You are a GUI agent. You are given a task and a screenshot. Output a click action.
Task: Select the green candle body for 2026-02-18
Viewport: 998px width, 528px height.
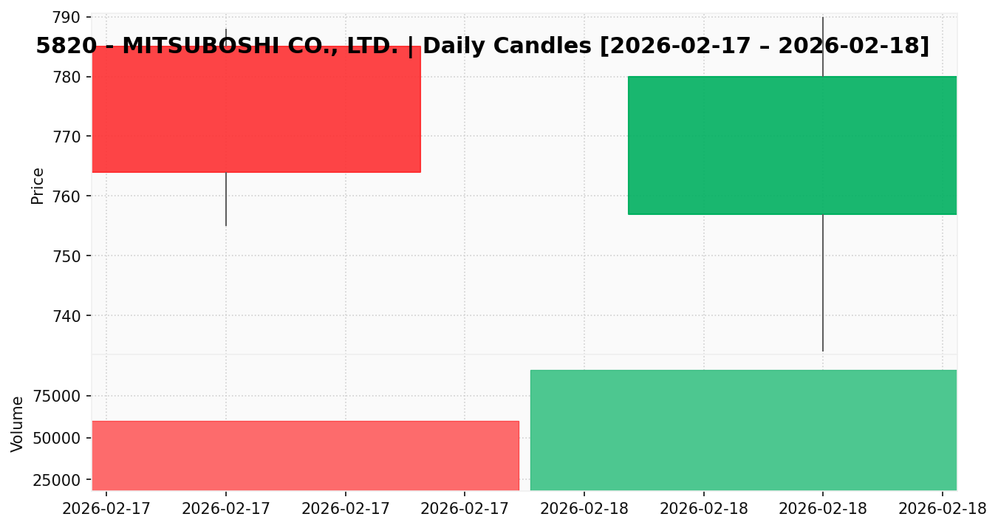(x=792, y=145)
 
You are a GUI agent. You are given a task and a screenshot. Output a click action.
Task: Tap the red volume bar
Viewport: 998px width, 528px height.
(x=305, y=455)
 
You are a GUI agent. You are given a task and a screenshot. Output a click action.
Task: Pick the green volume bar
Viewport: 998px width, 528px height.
(x=743, y=430)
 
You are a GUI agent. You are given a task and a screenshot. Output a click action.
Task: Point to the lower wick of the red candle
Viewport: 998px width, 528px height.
(x=226, y=199)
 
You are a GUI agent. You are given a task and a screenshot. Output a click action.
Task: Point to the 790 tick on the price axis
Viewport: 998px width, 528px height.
(x=70, y=17)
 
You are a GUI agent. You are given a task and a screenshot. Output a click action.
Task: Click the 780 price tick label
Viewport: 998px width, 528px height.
(x=70, y=77)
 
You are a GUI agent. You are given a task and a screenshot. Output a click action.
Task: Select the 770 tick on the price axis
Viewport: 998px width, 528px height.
(x=70, y=137)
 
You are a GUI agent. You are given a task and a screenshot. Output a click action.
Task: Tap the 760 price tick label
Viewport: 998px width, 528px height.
(x=70, y=196)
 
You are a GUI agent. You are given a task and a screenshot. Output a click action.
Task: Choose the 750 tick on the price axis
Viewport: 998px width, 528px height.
(x=70, y=256)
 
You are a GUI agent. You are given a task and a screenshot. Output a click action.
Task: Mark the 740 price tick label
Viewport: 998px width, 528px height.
(x=70, y=316)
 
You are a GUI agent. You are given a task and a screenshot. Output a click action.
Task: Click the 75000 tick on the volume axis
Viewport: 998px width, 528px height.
(x=59, y=396)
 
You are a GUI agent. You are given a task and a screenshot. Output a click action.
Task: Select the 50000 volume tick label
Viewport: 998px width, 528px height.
(x=59, y=438)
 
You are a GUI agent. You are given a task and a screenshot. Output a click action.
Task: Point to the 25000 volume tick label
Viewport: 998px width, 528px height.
(x=59, y=480)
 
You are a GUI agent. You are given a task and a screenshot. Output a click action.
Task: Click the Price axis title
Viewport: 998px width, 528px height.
(x=38, y=185)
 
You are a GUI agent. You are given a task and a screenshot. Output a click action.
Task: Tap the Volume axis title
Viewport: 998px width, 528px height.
(x=18, y=423)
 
